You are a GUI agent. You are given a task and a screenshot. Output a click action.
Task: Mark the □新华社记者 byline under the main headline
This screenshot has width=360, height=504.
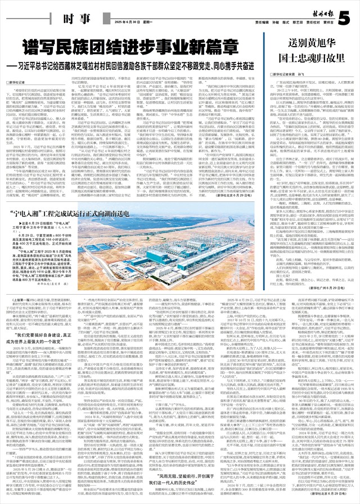tap(19, 83)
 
